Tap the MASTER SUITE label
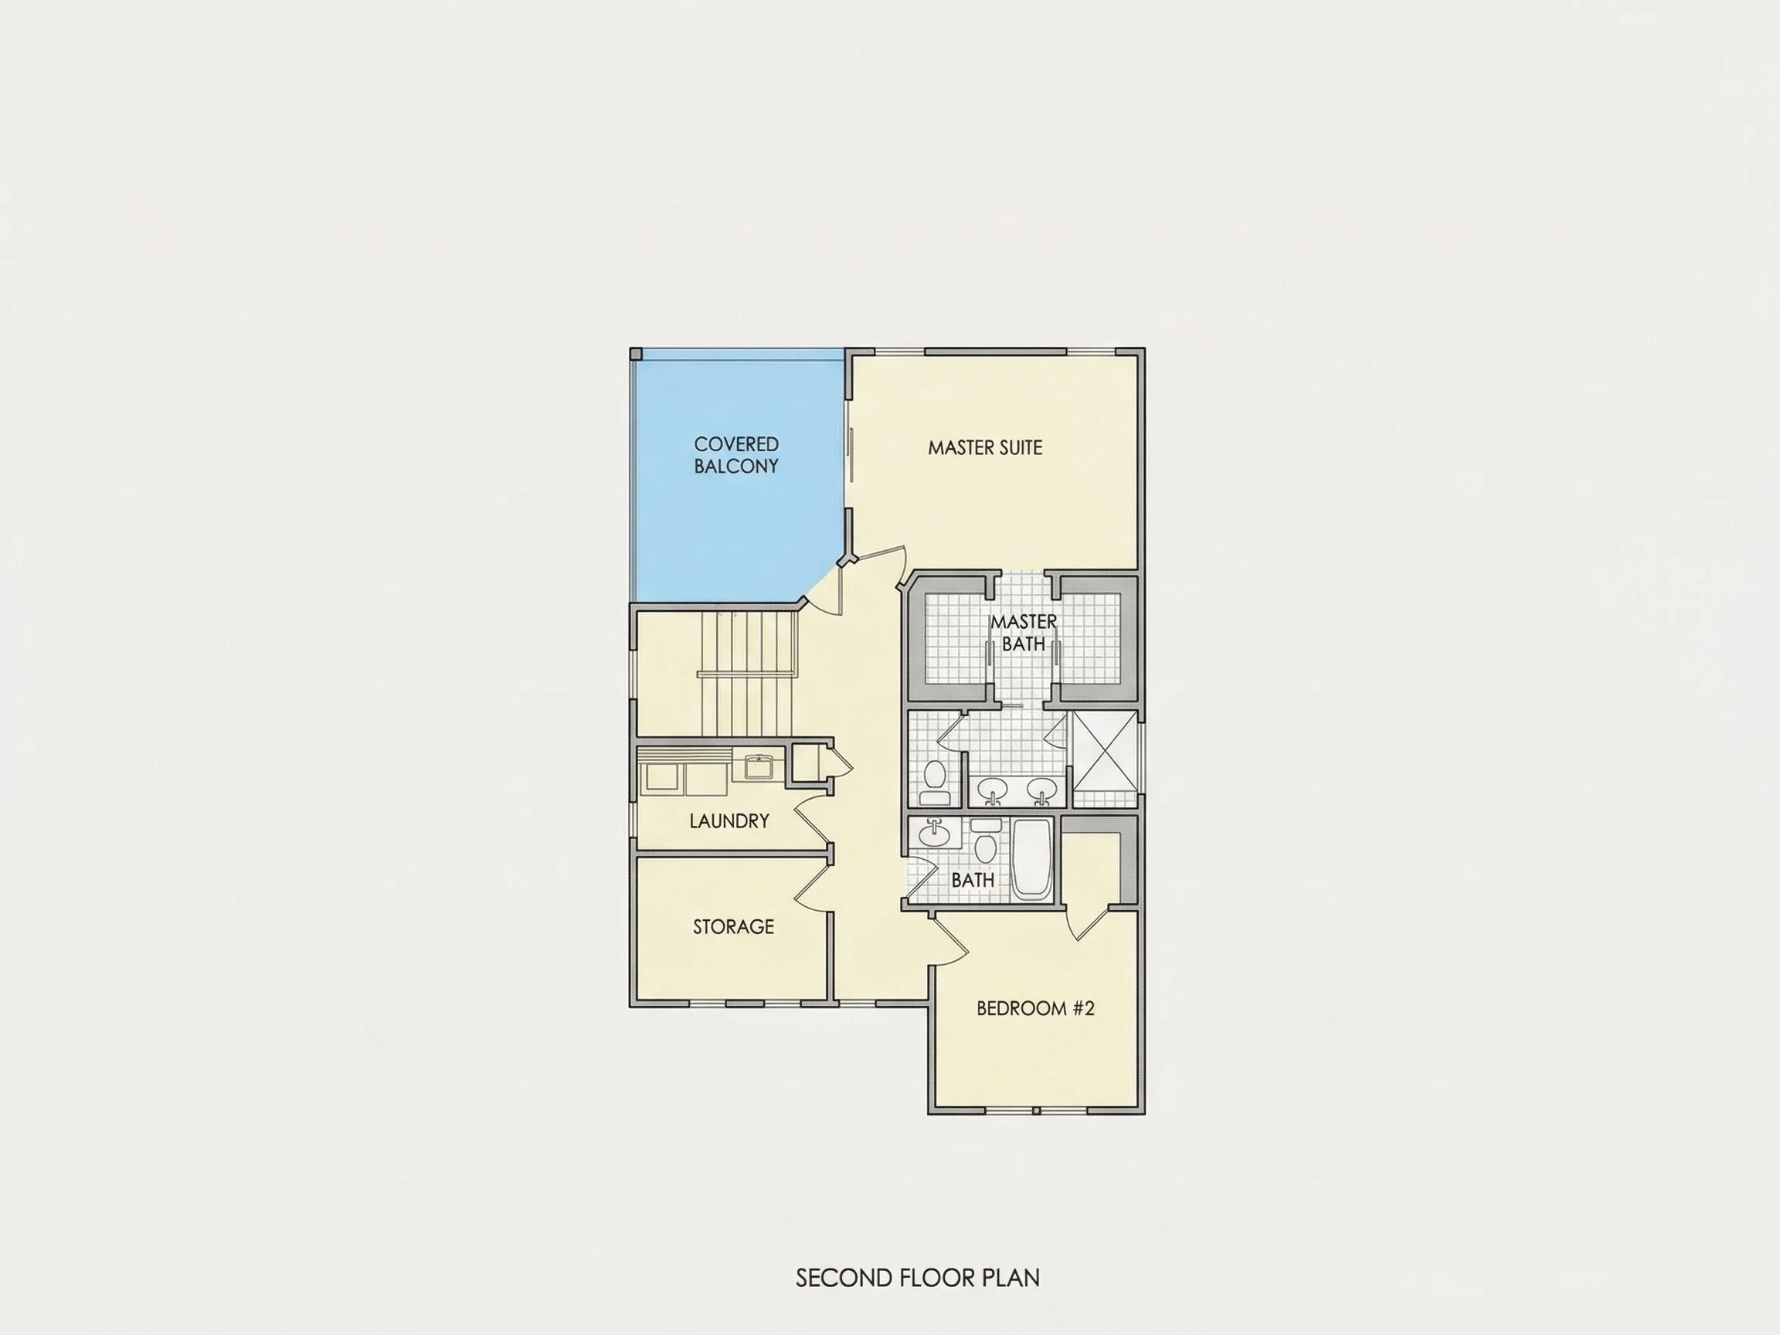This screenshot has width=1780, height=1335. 985,447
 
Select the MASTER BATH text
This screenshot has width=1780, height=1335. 1024,633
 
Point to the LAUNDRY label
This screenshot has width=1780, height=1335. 729,820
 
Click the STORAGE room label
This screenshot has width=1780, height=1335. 733,926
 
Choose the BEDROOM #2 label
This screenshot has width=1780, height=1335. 1036,1008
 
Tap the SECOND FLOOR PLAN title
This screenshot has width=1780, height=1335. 917,1277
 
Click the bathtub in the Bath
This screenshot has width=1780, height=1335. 1031,858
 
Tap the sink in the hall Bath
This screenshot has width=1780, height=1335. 934,833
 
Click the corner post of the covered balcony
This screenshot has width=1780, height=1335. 636,354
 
